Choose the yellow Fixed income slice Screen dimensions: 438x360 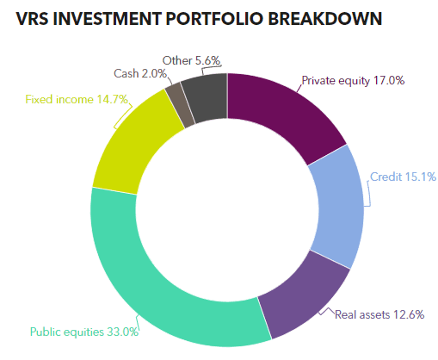point(135,144)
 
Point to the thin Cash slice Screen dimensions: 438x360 point(180,105)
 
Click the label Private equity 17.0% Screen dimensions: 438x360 point(353,81)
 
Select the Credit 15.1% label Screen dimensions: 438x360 point(403,177)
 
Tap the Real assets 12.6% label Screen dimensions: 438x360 point(379,314)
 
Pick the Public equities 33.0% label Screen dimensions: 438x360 point(84,332)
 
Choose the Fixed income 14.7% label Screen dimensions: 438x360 point(77,99)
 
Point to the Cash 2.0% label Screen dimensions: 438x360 point(140,73)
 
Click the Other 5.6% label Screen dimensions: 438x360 point(191,60)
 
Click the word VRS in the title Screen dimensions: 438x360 point(32,19)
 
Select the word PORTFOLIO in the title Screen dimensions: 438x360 point(214,19)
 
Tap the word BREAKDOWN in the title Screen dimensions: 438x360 point(325,19)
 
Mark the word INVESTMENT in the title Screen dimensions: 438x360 point(108,19)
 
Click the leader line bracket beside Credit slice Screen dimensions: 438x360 point(368,193)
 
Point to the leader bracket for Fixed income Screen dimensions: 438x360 point(123,116)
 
